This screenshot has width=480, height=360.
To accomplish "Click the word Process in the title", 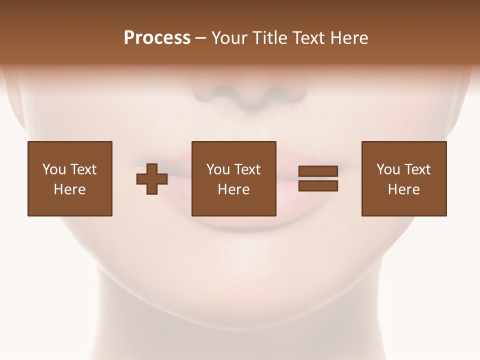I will coord(157,38).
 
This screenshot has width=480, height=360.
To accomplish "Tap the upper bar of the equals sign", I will coord(318,171).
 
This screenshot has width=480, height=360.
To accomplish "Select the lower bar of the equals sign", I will coord(318,186).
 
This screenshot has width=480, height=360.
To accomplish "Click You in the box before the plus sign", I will coord(53,169).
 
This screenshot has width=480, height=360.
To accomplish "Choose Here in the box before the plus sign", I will coord(69,189).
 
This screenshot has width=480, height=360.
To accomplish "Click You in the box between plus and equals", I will coord(218,169).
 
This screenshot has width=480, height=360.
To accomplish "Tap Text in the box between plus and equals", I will coord(247,169).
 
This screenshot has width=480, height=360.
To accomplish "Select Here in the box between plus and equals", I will coord(233,189).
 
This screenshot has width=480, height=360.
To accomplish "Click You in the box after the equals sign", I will coord(388,169).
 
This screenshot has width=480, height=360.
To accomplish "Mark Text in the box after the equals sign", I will coord(417,169).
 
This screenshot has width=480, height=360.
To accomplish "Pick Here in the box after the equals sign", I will coord(403,189).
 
